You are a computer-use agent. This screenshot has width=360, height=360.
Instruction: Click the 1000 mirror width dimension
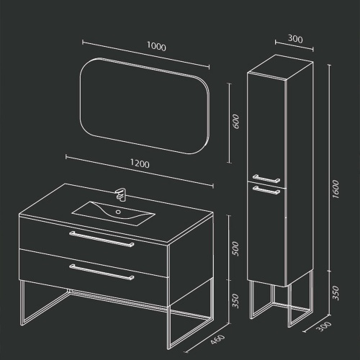(156, 46)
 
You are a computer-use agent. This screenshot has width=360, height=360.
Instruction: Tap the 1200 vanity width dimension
(140, 163)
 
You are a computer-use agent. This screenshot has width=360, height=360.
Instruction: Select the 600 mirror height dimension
(236, 122)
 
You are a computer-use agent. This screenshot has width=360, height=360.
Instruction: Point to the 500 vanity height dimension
(236, 248)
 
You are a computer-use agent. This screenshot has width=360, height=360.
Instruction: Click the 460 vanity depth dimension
(218, 340)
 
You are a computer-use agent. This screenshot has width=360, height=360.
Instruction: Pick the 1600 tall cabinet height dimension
(336, 189)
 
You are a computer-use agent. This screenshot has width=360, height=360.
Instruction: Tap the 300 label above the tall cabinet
(295, 39)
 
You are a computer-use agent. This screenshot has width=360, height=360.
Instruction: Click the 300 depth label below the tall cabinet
(325, 326)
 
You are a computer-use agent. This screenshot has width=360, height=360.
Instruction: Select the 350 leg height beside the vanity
(236, 301)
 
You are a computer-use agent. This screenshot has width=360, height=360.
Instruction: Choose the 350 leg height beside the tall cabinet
(336, 293)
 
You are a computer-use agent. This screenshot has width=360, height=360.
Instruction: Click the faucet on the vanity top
(121, 194)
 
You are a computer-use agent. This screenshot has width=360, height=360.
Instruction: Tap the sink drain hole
(118, 212)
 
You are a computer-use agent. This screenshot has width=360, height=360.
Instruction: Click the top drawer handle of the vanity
(102, 239)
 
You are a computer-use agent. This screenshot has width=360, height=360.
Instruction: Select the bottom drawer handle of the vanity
(102, 272)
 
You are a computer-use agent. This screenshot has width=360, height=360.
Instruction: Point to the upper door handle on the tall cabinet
(266, 178)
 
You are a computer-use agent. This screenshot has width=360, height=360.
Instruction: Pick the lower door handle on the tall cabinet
(266, 189)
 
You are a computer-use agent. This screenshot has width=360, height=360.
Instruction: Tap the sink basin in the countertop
(113, 213)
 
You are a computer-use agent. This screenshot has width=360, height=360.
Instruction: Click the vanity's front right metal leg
(168, 328)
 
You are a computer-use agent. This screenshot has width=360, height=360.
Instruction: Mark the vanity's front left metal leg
(22, 303)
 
